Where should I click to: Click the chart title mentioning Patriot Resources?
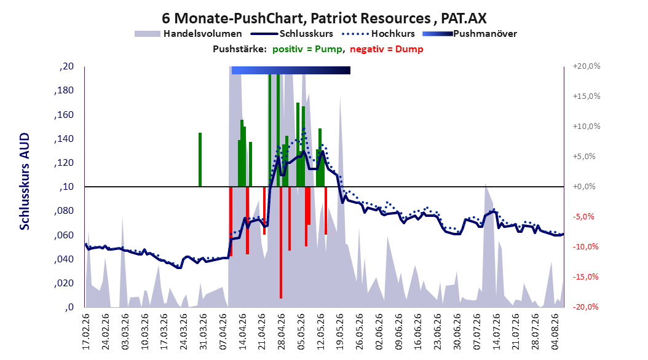(x=324, y=18)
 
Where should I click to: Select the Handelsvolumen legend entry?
(x=188, y=34)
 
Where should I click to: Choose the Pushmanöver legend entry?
(x=470, y=34)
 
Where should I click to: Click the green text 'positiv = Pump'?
(x=307, y=49)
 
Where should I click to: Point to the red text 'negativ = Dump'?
(x=387, y=49)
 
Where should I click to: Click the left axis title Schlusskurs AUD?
(x=25, y=181)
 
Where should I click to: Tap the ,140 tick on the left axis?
(x=64, y=139)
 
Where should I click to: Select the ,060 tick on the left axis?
(x=64, y=235)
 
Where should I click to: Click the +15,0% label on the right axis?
(x=587, y=96)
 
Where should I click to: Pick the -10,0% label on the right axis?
(x=585, y=247)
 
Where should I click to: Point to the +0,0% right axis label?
(x=584, y=187)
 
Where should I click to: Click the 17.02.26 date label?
(x=86, y=332)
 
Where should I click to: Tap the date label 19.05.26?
(x=340, y=332)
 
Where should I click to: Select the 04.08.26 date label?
(x=555, y=332)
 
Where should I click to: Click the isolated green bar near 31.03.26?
(x=200, y=159)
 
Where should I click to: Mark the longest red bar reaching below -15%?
(x=280, y=242)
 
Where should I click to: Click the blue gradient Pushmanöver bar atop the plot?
(x=291, y=70)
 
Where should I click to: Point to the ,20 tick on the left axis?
(x=66, y=66)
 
